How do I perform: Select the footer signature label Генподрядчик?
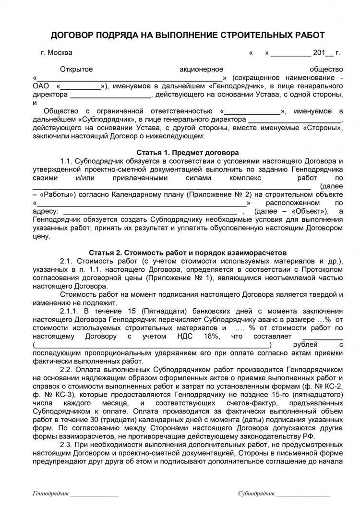tap(51, 494)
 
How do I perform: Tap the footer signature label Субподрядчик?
tap(256, 494)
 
